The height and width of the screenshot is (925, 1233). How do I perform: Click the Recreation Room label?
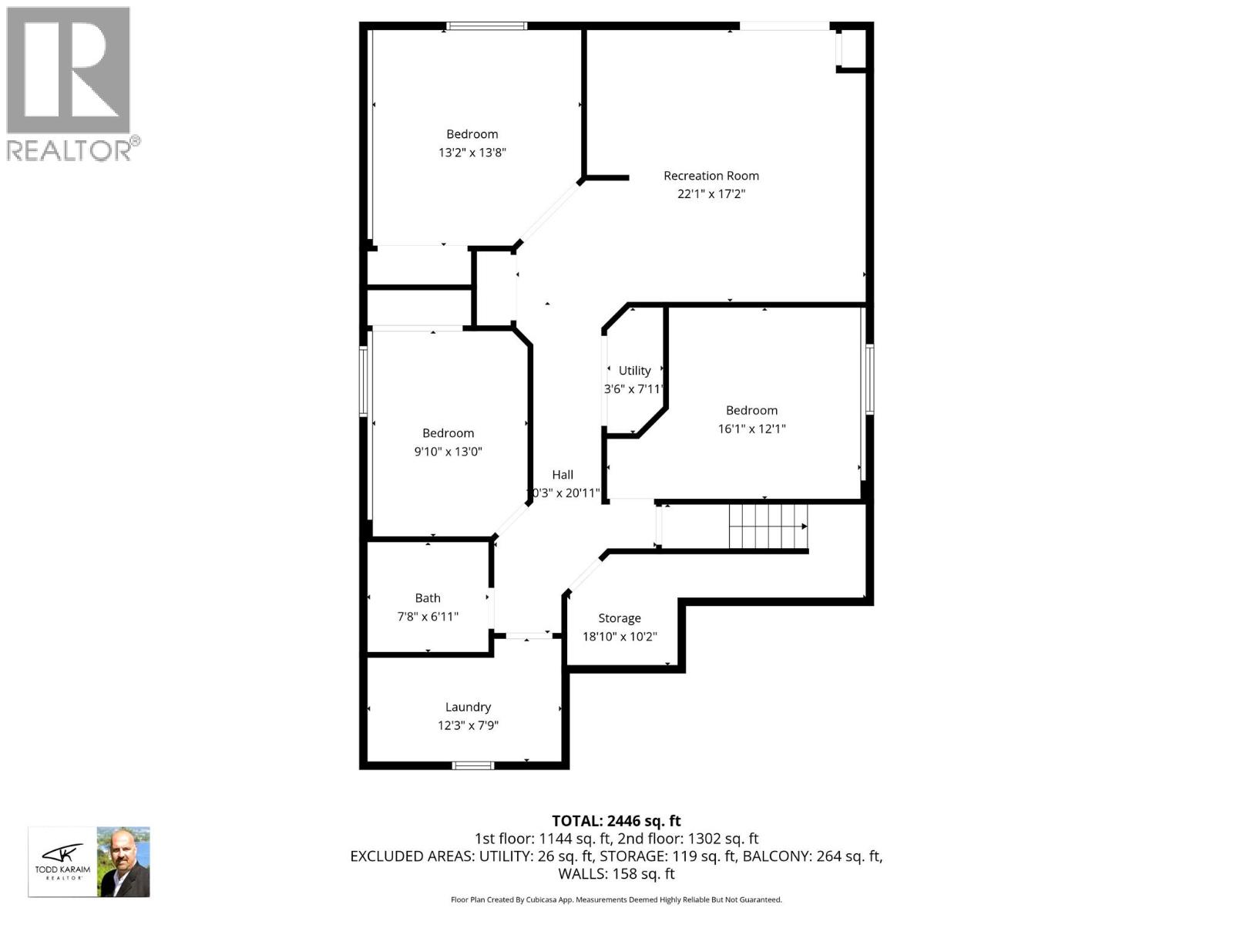711,176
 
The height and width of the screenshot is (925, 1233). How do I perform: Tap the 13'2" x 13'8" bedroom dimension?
472,153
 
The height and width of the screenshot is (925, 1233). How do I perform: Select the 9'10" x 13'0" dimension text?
448,452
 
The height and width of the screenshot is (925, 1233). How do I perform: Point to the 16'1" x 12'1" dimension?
751,429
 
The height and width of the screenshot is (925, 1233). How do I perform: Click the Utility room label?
634,371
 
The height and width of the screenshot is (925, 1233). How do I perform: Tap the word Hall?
562,475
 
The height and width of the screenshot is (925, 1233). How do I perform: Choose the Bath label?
428,598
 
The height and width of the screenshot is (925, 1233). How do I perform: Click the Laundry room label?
468,707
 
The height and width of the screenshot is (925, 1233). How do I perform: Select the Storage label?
620,618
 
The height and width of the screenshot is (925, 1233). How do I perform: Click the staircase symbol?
768,526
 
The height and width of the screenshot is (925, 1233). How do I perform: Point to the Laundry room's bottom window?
472,765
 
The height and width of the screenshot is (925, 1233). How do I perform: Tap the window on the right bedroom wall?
869,379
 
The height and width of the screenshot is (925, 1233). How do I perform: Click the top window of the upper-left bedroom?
487,26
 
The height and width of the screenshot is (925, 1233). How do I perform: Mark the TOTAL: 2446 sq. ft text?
616,821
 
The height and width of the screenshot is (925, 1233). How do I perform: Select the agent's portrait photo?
123,862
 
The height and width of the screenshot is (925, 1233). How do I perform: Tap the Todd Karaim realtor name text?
62,869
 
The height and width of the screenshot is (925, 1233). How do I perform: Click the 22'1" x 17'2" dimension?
711,194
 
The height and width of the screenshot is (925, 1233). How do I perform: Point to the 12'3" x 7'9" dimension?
468,725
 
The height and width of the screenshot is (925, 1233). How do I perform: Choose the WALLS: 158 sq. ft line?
616,874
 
